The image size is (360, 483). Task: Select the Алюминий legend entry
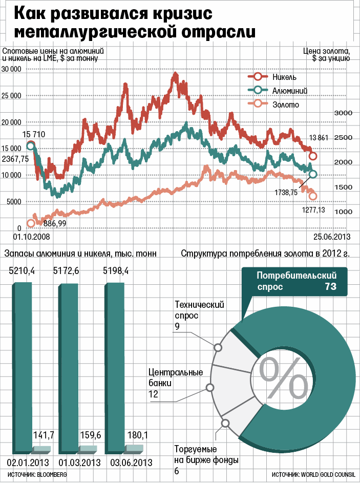click(289, 91)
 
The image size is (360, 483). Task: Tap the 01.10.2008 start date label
click(30, 237)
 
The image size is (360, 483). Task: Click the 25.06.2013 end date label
click(331, 237)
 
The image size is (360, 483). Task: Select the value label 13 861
click(321, 138)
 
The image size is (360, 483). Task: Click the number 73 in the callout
click(330, 287)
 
